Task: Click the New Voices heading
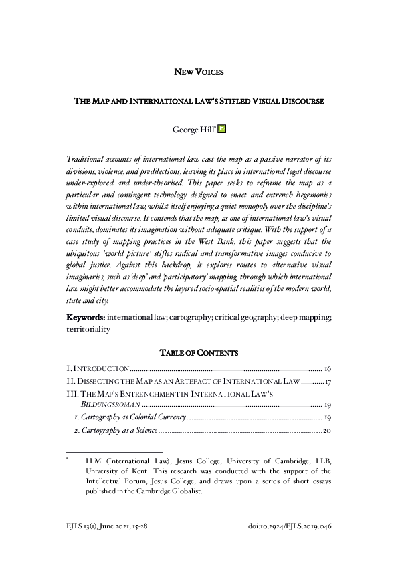point(199,71)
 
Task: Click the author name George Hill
point(194,128)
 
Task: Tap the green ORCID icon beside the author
point(223,128)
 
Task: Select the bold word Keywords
point(85,316)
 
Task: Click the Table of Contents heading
point(199,352)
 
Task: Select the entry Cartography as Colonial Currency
point(128,417)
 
